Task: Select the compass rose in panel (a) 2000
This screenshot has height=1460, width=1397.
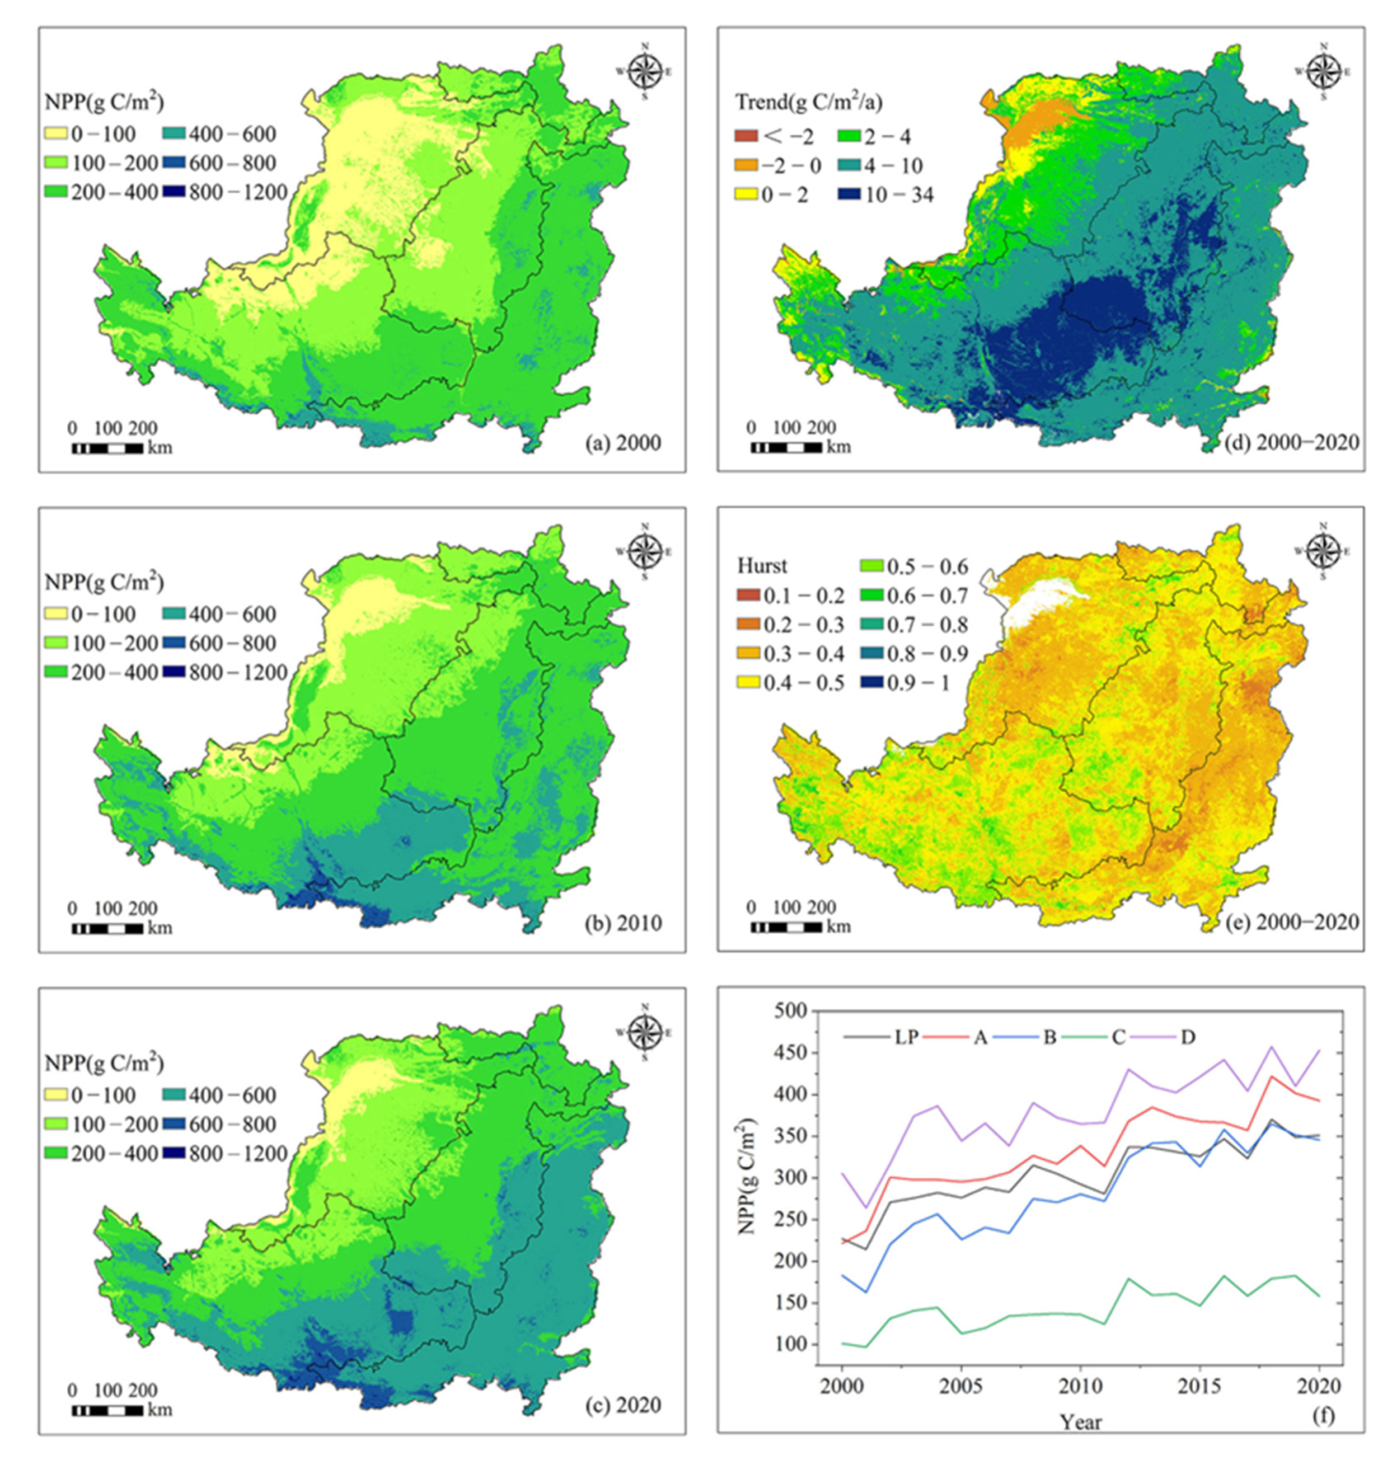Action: (x=645, y=72)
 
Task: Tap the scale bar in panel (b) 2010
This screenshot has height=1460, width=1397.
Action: (x=108, y=929)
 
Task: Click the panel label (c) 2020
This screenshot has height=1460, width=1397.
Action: (x=622, y=1405)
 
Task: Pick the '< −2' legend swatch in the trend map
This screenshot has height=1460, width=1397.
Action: (x=747, y=136)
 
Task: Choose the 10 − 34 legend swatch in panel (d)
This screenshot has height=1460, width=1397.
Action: (x=849, y=194)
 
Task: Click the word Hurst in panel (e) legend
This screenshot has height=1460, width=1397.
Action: (x=762, y=566)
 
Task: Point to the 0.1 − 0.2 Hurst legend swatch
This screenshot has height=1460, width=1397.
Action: (x=749, y=596)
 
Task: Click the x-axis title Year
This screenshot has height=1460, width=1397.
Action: (x=1081, y=1422)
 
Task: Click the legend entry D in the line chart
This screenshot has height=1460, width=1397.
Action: (x=1187, y=1037)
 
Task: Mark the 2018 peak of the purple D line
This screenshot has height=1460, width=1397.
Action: (x=1271, y=1046)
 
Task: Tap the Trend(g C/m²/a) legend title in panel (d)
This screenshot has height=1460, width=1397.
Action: (x=809, y=103)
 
